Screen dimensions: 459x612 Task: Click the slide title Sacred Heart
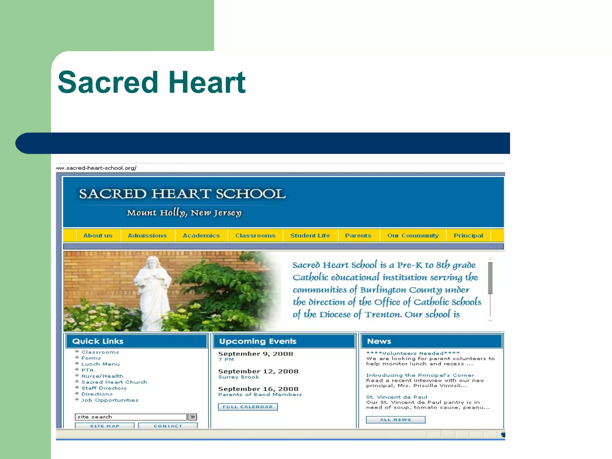tap(152, 82)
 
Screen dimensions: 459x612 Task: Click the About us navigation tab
tap(98, 235)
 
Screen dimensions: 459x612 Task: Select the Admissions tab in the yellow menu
tap(147, 235)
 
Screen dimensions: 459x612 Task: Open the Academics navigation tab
tap(201, 235)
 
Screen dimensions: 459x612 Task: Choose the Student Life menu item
tap(310, 235)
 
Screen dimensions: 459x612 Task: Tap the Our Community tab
tap(413, 235)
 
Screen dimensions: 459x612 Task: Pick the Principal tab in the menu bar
tap(468, 235)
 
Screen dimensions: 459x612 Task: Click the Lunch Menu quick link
tap(100, 364)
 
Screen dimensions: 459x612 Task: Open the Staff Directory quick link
tap(104, 388)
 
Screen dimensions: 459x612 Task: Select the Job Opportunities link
tap(110, 400)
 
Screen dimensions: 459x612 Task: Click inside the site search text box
tap(131, 417)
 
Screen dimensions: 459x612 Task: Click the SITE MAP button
tap(105, 426)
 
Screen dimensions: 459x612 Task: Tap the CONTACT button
tap(168, 426)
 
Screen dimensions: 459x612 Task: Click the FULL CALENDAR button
tap(248, 407)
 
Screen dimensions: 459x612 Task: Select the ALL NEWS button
tap(395, 420)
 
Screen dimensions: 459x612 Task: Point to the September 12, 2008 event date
tap(258, 371)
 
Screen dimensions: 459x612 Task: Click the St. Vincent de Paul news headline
tap(397, 397)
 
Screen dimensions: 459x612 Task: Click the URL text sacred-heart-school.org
tap(99, 168)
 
